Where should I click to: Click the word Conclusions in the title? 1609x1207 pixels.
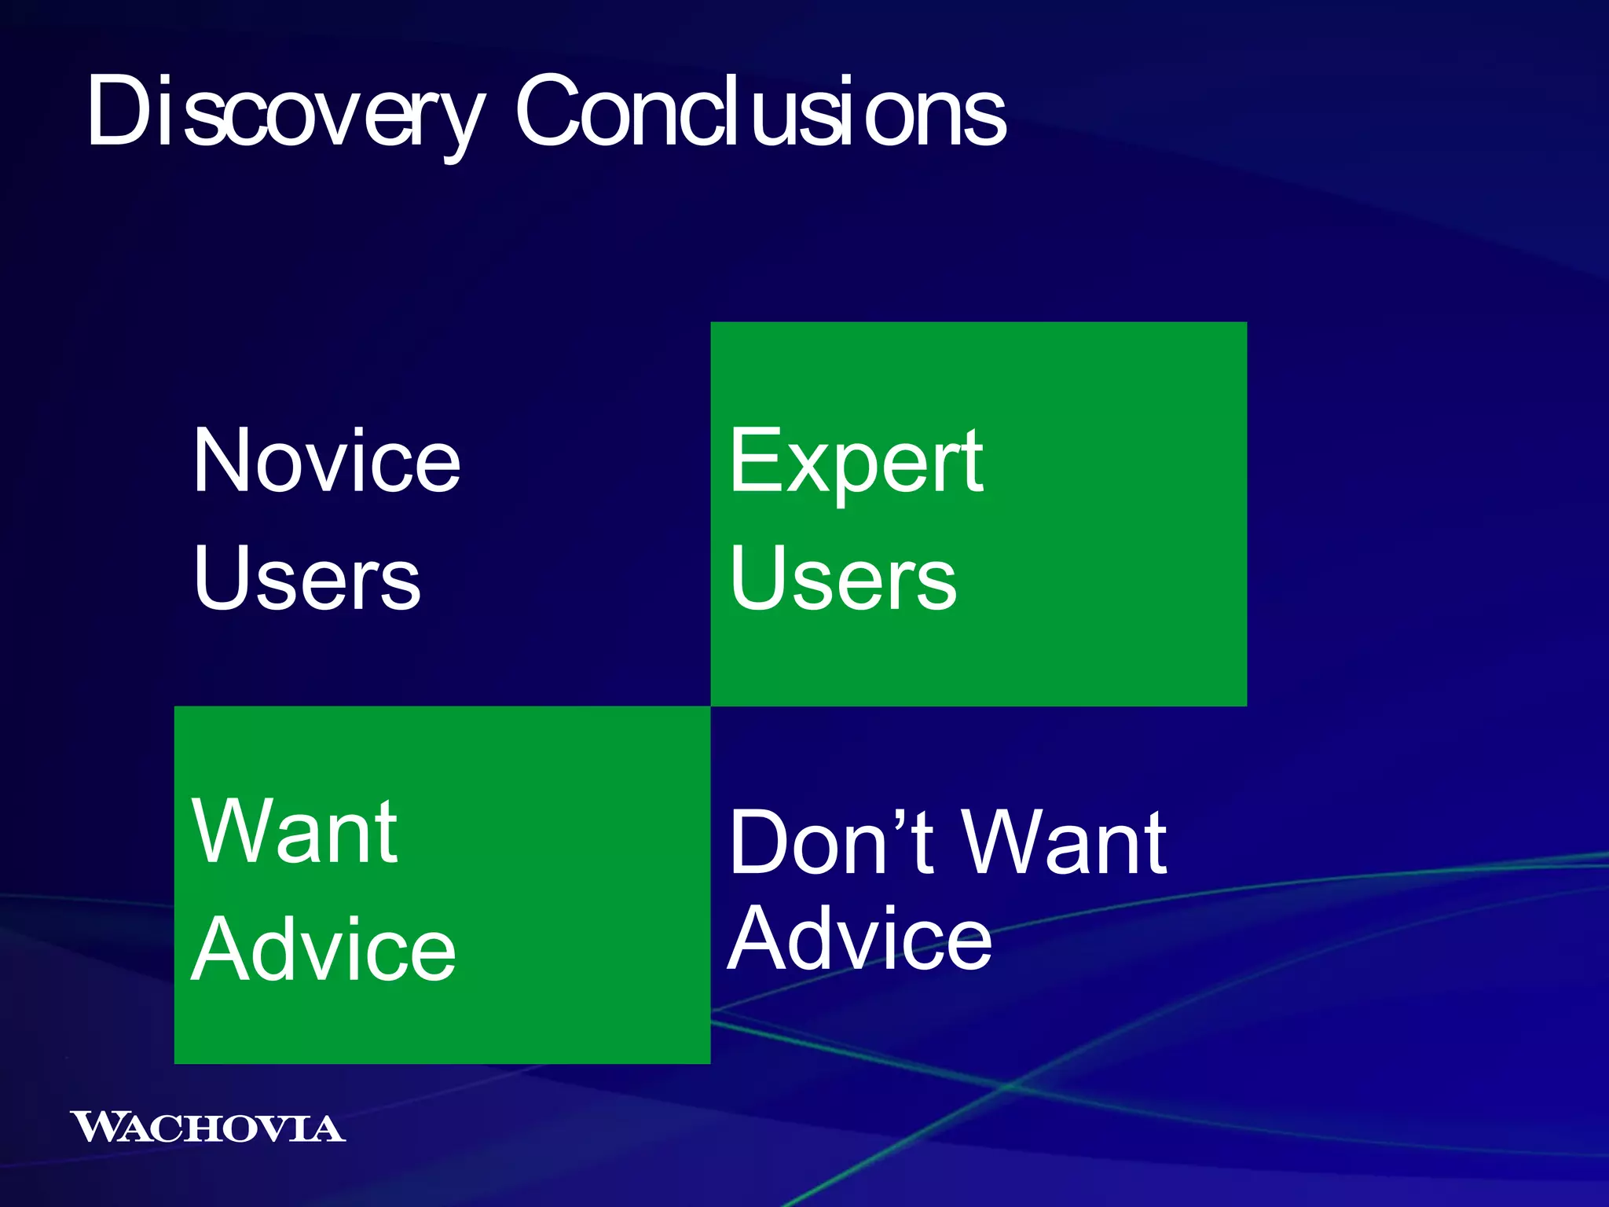tap(760, 112)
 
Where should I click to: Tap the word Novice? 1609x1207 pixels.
tap(326, 461)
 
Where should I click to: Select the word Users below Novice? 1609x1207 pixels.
tap(306, 579)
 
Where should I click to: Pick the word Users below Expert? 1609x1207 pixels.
tap(842, 579)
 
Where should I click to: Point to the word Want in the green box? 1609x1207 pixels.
tap(295, 831)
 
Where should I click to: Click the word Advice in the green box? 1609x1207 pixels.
tap(323, 950)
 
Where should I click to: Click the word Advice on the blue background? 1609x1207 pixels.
tap(859, 938)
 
